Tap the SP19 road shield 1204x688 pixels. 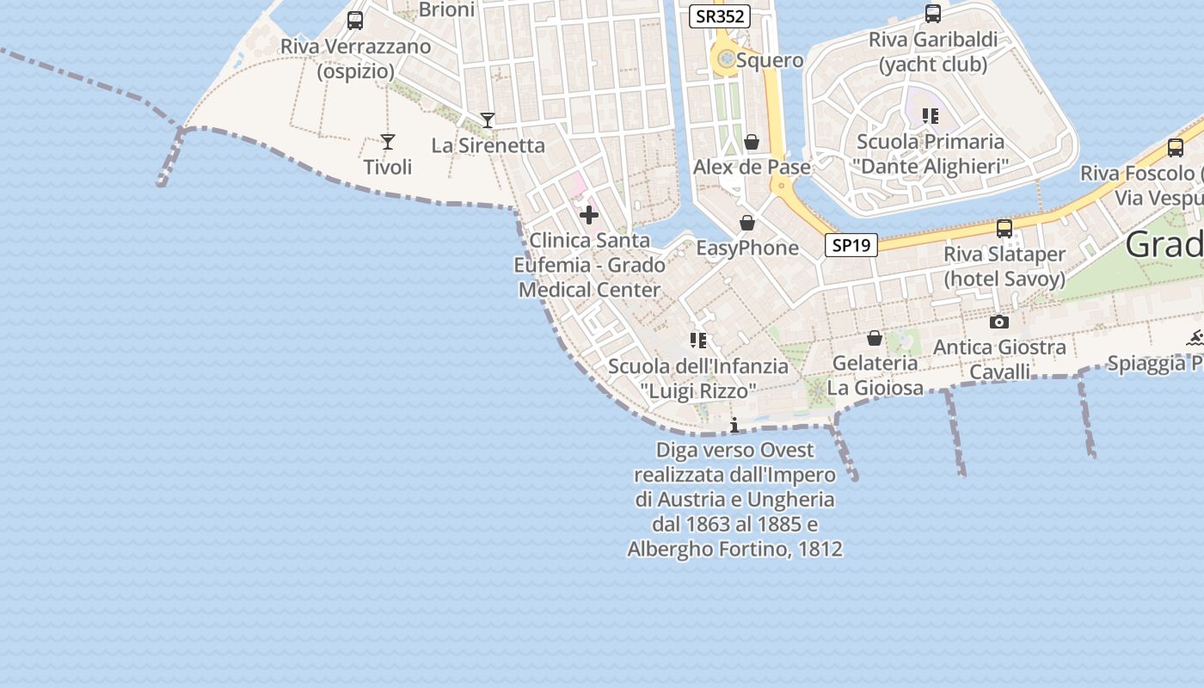[x=851, y=245]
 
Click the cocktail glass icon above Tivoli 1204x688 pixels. [x=388, y=142]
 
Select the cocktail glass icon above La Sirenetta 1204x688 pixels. [x=488, y=120]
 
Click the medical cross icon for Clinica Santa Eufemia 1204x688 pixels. [x=589, y=214]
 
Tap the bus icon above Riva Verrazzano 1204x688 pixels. [x=355, y=21]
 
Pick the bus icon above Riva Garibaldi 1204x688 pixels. [x=933, y=14]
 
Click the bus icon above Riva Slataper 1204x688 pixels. [x=1004, y=229]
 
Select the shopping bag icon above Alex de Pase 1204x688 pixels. [x=752, y=142]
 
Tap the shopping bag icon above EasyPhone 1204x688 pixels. [x=747, y=224]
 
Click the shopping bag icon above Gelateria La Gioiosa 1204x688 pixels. [x=875, y=338]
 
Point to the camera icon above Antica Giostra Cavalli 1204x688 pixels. [x=999, y=322]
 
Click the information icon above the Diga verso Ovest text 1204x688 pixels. [x=734, y=425]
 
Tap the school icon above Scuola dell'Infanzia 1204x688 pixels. [x=698, y=341]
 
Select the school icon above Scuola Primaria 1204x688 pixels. [x=930, y=115]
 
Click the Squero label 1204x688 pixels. [x=770, y=60]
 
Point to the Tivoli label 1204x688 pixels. [x=388, y=167]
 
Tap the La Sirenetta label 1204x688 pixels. [x=488, y=145]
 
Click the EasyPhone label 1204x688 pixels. [x=747, y=249]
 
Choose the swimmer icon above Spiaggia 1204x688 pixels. [x=1195, y=338]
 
